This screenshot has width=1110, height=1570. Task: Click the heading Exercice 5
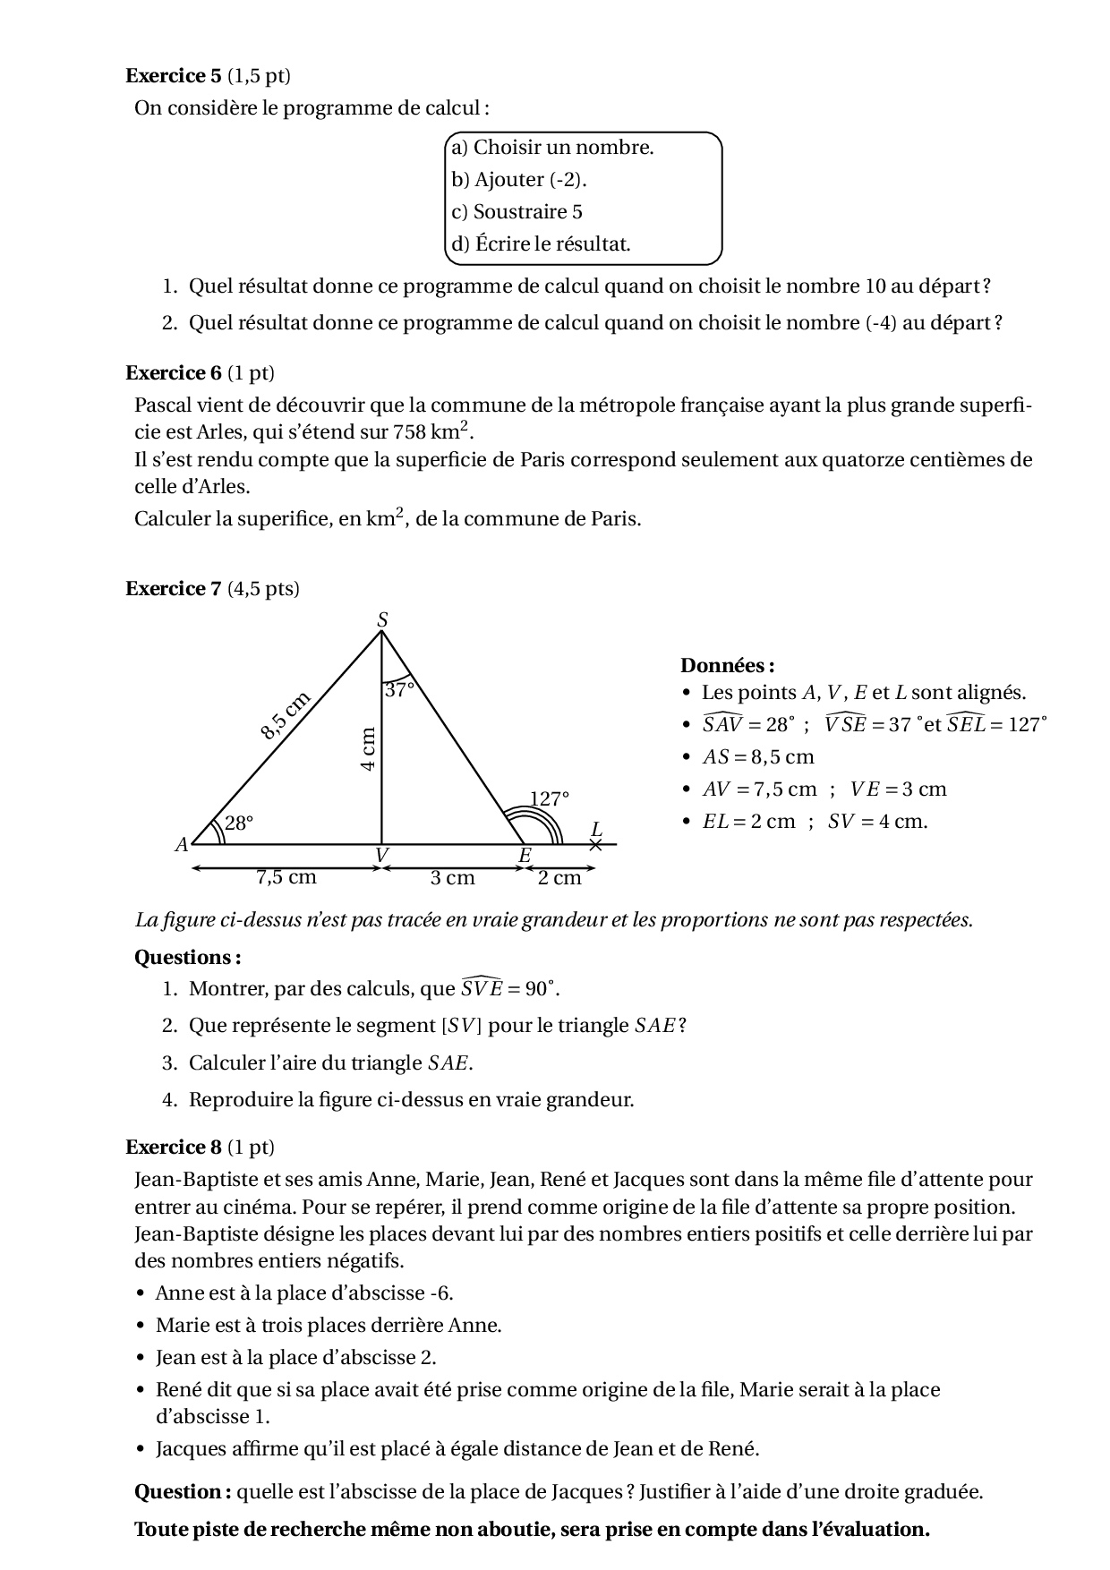pos(173,76)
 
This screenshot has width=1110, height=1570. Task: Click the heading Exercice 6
pos(173,373)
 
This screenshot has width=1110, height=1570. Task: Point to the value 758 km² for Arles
pos(431,432)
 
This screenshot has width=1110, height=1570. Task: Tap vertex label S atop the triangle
pos(382,619)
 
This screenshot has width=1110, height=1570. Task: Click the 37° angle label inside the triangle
pos(399,690)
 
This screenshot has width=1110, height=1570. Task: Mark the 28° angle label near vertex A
pos(238,823)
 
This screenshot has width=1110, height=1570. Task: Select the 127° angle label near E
pos(548,798)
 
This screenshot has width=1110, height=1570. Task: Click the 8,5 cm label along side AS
pos(285,716)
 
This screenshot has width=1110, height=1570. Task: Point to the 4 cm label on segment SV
pos(368,750)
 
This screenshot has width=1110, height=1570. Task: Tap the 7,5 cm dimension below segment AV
pos(286,877)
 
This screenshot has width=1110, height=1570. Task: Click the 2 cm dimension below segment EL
pos(559,878)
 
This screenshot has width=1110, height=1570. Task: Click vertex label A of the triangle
pos(182,844)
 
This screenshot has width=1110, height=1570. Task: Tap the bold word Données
pos(726,666)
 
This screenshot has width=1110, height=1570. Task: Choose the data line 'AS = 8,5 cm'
pos(757,757)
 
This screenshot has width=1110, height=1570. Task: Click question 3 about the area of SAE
pos(329,1063)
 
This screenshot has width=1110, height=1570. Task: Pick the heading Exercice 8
pos(173,1148)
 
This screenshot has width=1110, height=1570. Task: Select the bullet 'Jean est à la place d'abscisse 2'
pos(295,1358)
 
